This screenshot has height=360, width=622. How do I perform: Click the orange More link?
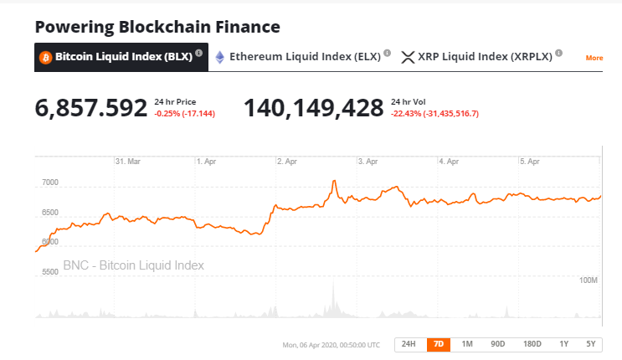[594, 58]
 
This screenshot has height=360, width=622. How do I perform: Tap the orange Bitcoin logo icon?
[45, 57]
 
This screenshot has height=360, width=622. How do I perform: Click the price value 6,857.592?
[90, 108]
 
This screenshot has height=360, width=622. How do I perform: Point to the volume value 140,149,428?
[313, 108]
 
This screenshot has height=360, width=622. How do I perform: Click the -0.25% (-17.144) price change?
[184, 114]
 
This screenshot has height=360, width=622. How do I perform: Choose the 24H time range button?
[408, 344]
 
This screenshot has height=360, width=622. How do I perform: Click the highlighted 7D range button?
[437, 344]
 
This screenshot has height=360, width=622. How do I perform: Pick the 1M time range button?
[467, 344]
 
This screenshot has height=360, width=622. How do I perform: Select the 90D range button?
[498, 344]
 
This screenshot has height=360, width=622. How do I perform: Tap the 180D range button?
[532, 344]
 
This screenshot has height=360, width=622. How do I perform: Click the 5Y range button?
[591, 344]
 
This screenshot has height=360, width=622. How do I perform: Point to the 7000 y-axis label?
[49, 182]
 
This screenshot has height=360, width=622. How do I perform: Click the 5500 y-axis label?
[49, 271]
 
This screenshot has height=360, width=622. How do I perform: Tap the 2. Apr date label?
[286, 161]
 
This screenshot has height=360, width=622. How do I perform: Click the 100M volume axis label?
[589, 280]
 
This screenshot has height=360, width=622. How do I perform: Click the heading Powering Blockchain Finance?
[157, 27]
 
